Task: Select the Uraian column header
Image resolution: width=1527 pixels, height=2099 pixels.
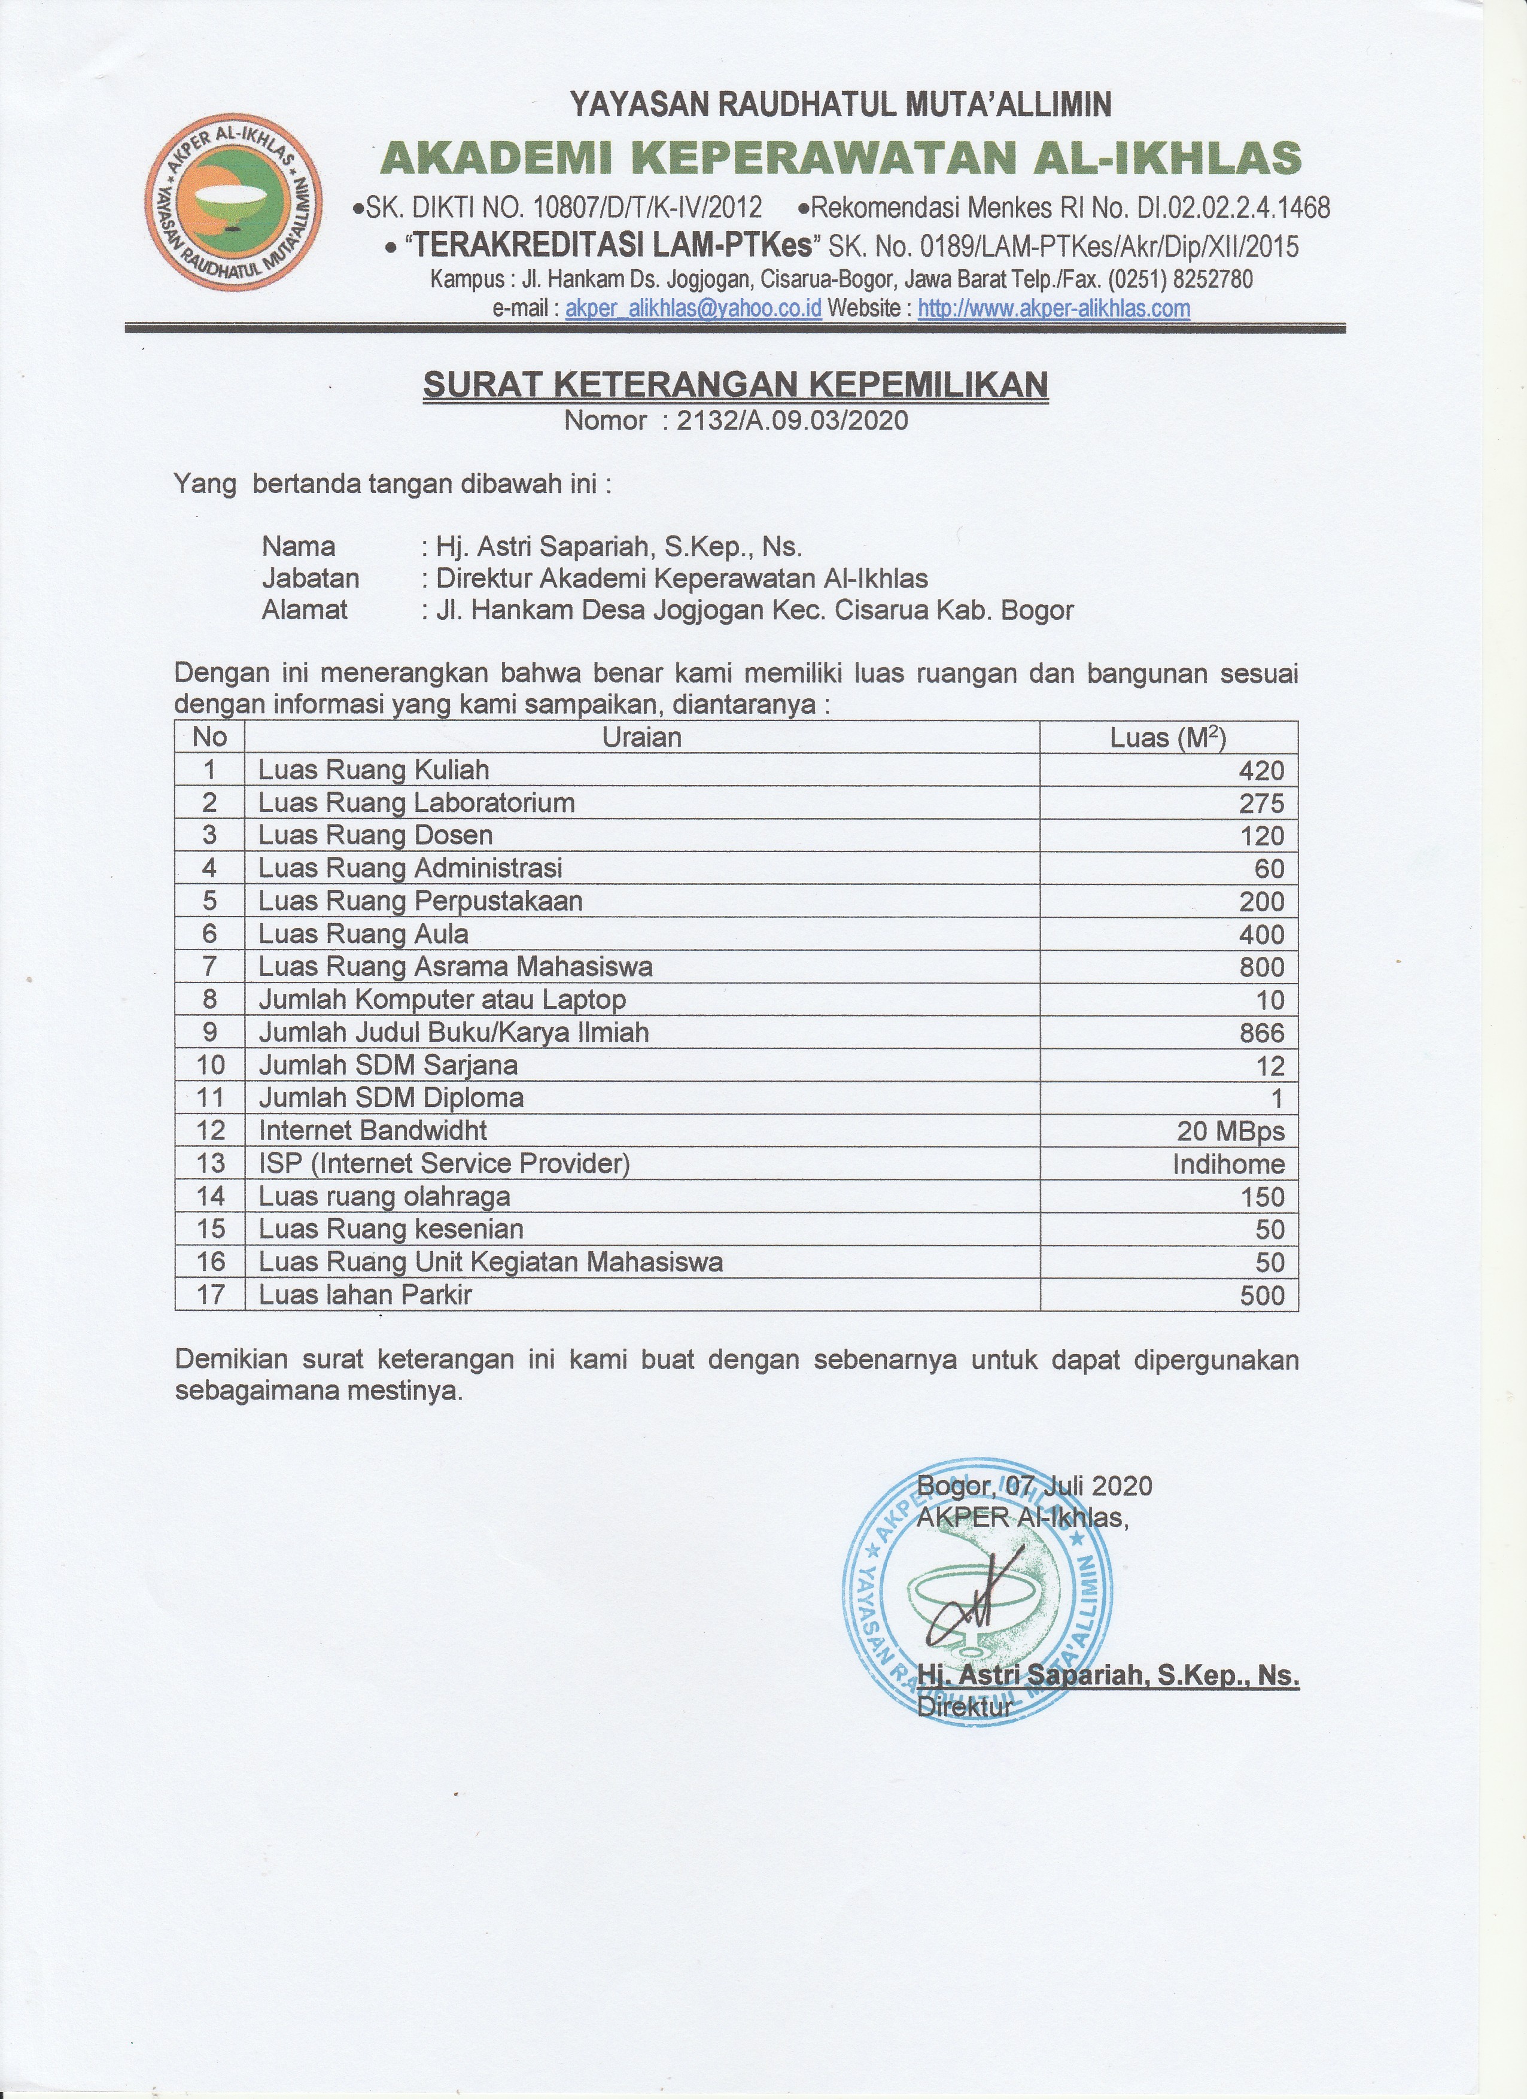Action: (x=641, y=738)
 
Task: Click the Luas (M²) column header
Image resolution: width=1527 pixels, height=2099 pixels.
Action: (x=1168, y=738)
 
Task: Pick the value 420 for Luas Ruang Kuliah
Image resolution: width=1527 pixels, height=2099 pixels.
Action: (x=1263, y=771)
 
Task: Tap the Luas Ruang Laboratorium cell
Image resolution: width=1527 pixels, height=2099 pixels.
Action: (x=416, y=802)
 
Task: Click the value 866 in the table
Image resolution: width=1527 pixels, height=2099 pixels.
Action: (x=1263, y=1033)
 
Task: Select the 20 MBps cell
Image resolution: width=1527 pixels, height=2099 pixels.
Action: (x=1231, y=1131)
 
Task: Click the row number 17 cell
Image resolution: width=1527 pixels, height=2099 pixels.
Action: (x=210, y=1295)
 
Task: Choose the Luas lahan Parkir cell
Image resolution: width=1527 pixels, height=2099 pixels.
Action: (x=366, y=1295)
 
